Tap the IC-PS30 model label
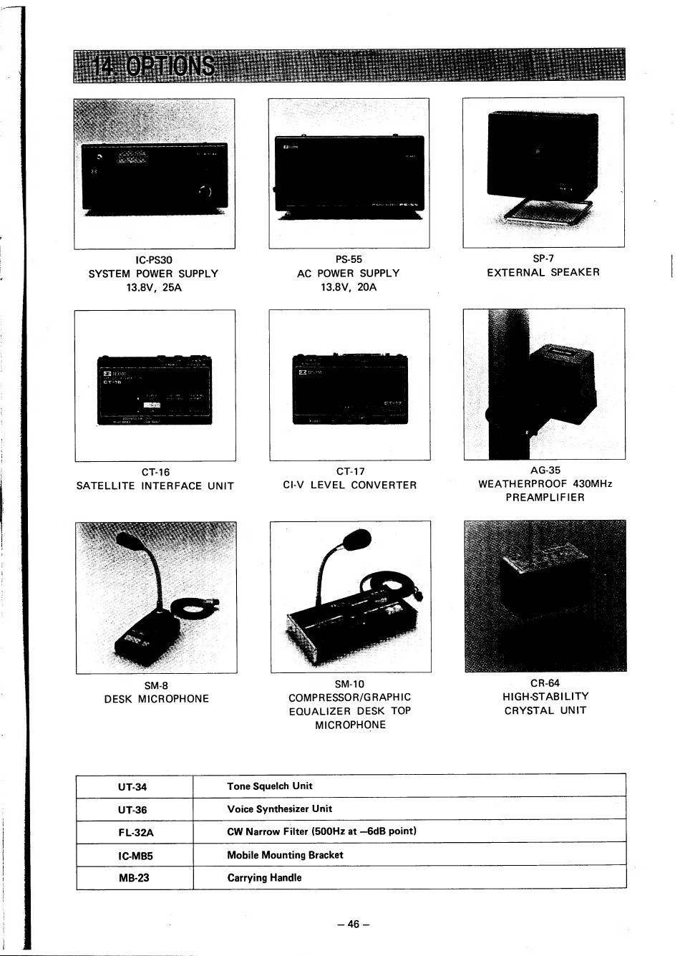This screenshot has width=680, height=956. pyautogui.click(x=153, y=259)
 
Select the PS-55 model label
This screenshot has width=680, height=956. pyautogui.click(x=349, y=259)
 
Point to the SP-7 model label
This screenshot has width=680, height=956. pyautogui.click(x=543, y=258)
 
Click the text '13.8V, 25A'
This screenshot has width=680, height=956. pyautogui.click(x=153, y=287)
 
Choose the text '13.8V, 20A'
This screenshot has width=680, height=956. pyautogui.click(x=349, y=287)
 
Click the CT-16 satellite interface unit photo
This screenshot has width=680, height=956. pyautogui.click(x=155, y=390)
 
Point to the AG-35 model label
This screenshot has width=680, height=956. pyautogui.click(x=545, y=470)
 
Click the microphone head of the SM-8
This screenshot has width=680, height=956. pyautogui.click(x=128, y=541)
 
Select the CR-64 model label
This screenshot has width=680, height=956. pyautogui.click(x=545, y=682)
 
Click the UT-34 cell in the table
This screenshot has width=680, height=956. pyautogui.click(x=132, y=787)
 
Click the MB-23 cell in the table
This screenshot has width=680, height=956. pyautogui.click(x=134, y=877)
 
